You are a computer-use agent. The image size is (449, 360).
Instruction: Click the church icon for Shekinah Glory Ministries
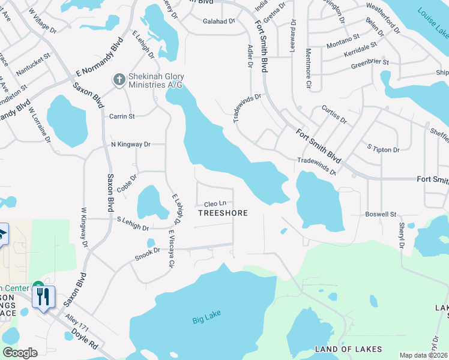[119, 79]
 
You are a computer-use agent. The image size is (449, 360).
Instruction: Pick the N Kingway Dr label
[130, 145]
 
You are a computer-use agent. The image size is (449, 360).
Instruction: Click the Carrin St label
[122, 116]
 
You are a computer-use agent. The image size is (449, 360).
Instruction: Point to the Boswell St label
[381, 214]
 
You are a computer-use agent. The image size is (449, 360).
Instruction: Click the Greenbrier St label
[370, 62]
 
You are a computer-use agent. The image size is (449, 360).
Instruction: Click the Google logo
[20, 353]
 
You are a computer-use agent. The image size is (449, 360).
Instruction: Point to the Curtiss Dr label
[334, 115]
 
